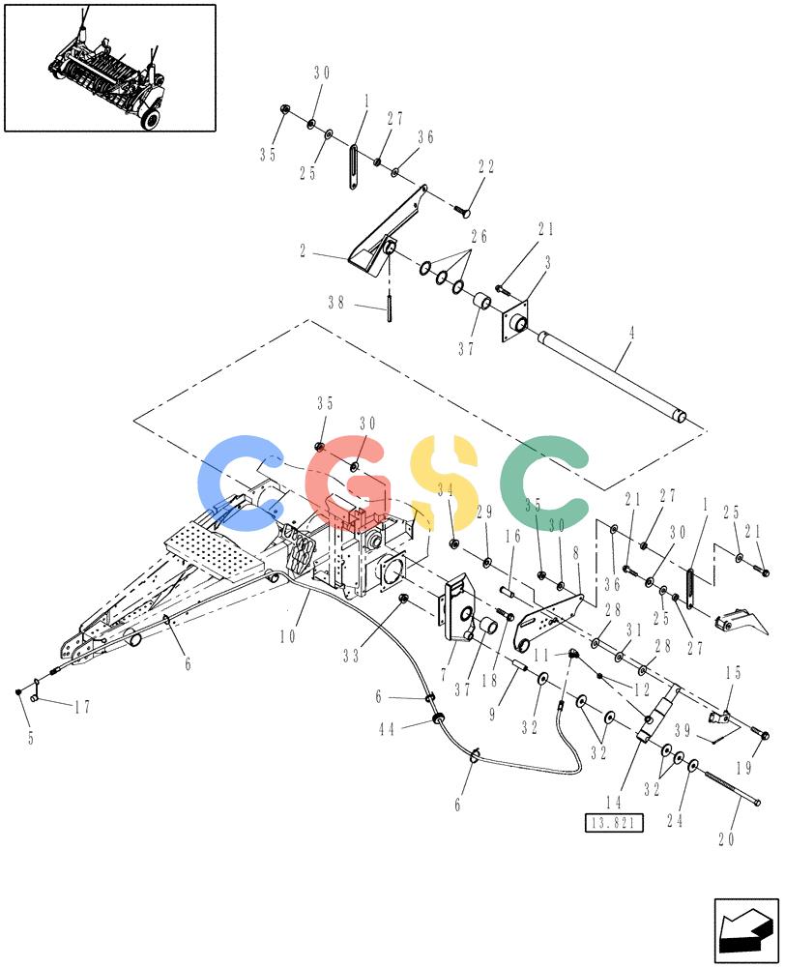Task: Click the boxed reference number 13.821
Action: click(614, 823)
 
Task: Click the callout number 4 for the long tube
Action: click(631, 333)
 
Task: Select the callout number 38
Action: click(336, 303)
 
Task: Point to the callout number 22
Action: click(486, 166)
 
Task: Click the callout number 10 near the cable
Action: click(288, 636)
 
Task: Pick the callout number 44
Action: click(387, 730)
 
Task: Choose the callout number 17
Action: click(82, 708)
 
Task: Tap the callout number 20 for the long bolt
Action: click(726, 839)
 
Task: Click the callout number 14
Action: click(614, 803)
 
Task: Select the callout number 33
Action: click(351, 657)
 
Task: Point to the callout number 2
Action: click(303, 251)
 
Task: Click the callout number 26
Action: click(480, 236)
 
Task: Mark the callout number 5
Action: click(31, 738)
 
